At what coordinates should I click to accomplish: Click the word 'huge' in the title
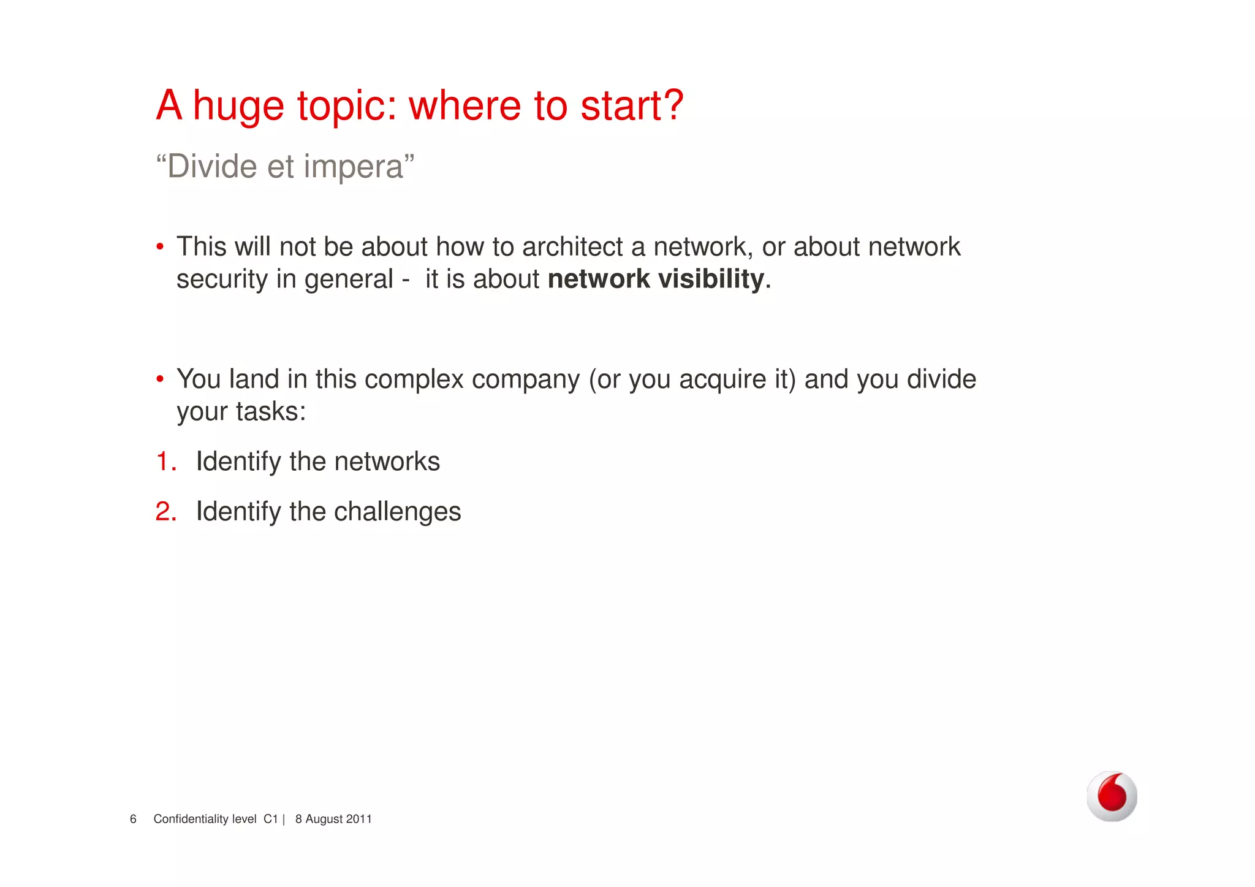[x=238, y=107]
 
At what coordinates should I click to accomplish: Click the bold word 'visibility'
[x=711, y=279]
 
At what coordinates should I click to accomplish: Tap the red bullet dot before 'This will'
[x=160, y=247]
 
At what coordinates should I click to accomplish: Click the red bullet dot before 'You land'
[x=160, y=379]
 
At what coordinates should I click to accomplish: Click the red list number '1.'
[x=166, y=462]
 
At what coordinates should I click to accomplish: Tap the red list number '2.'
[x=166, y=512]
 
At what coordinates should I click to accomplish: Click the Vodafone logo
[x=1112, y=796]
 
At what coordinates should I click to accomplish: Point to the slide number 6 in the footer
[x=133, y=819]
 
